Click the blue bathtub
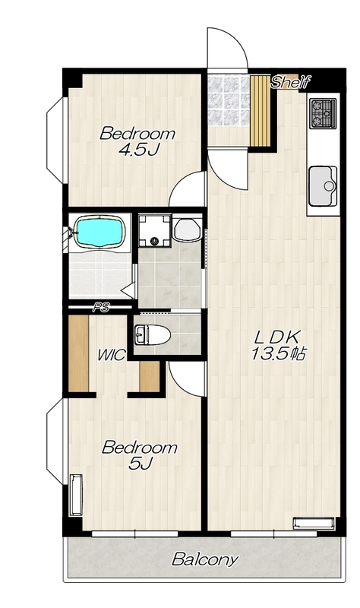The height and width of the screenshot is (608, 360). (x=100, y=232)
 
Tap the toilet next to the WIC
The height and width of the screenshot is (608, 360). (x=153, y=335)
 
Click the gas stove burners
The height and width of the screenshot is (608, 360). (x=323, y=113)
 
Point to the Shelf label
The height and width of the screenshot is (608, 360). (x=290, y=82)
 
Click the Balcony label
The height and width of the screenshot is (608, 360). (x=204, y=559)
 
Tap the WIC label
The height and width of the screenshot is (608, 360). (x=111, y=355)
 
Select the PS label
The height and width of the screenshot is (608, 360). (x=101, y=308)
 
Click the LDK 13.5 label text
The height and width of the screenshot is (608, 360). (x=279, y=345)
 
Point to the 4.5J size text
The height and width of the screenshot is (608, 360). (x=139, y=149)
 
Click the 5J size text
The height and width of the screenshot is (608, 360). (x=141, y=463)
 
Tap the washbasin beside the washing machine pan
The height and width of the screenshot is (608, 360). (x=188, y=230)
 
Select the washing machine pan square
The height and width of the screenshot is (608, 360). (x=155, y=230)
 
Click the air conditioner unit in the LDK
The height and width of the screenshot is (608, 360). (x=314, y=523)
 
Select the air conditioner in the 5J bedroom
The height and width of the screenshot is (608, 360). (x=76, y=495)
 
